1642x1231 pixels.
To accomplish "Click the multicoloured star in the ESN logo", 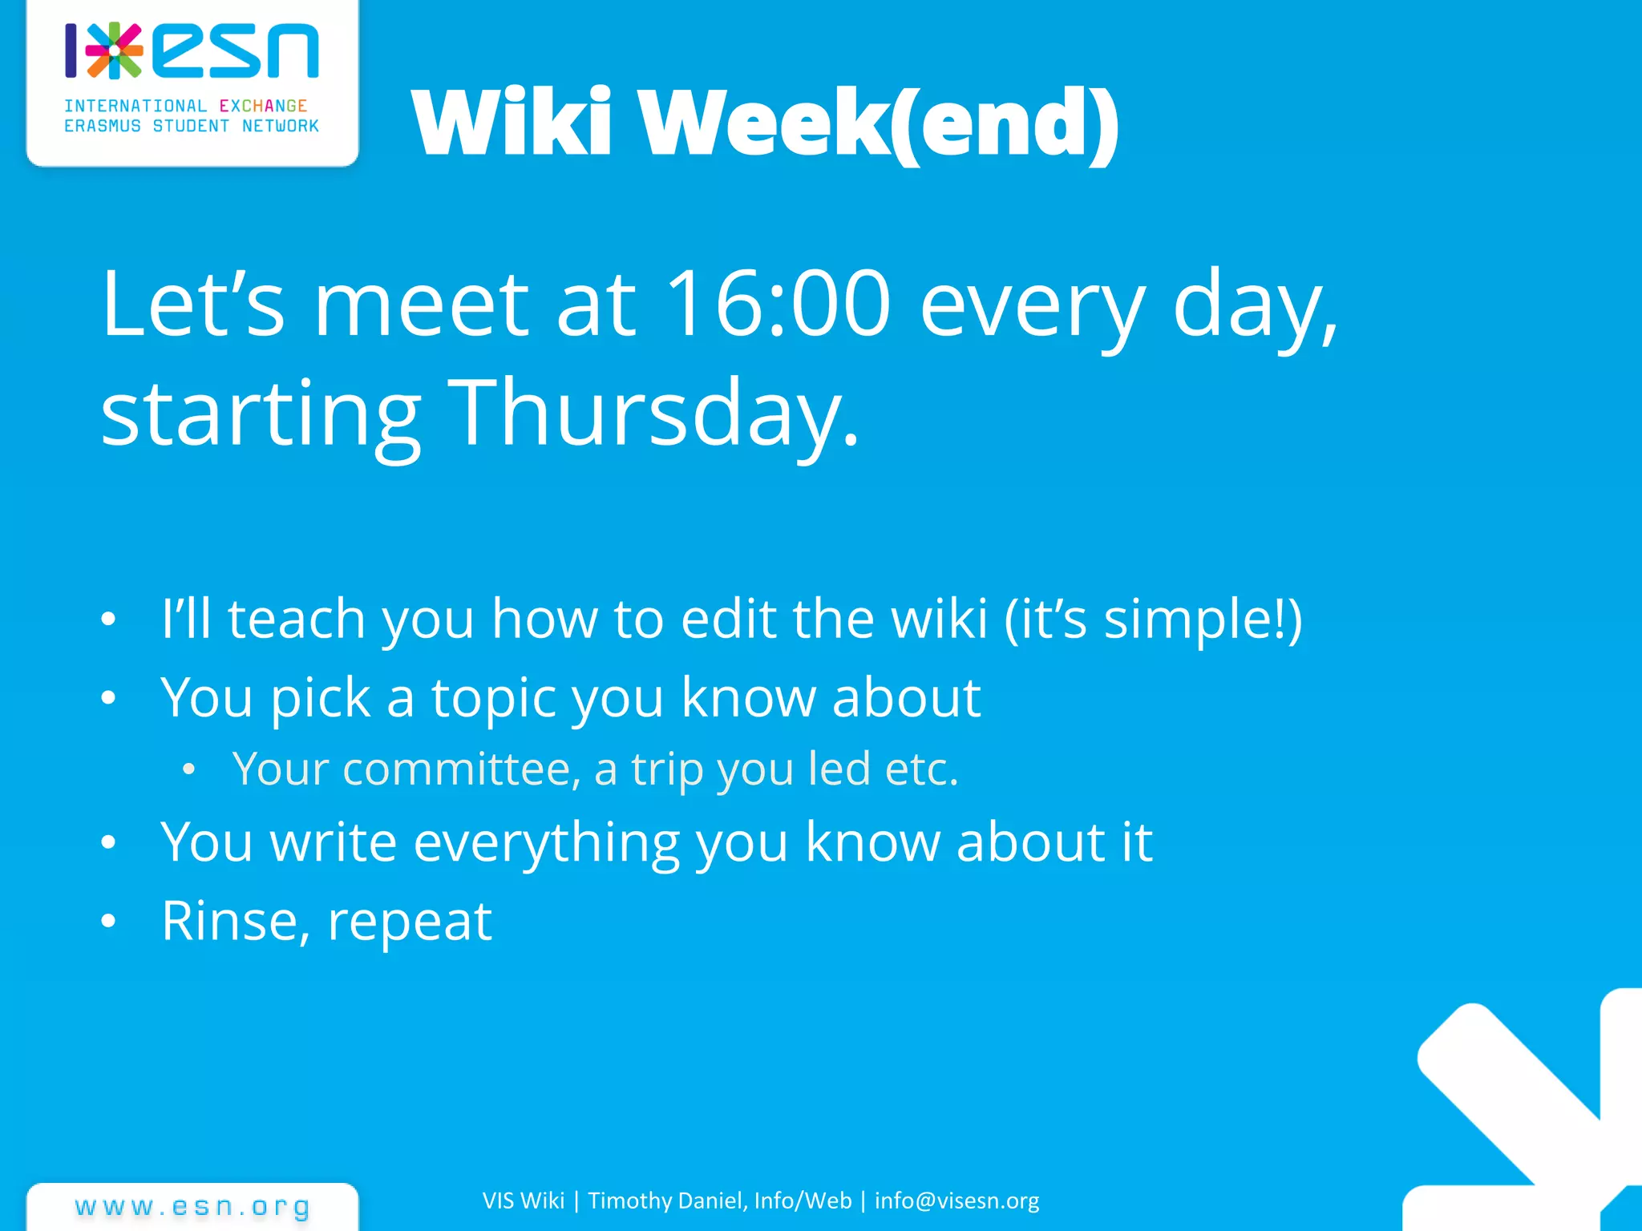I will (115, 50).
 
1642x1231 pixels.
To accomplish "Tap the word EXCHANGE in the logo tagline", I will (263, 106).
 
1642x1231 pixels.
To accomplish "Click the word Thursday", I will (653, 413).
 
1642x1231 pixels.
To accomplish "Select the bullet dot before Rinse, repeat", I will (109, 922).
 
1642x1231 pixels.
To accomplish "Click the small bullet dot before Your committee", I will (188, 769).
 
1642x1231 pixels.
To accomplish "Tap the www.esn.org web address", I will (192, 1207).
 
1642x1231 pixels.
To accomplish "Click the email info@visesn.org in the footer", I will (956, 1201).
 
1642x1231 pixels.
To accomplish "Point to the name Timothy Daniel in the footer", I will (667, 1201).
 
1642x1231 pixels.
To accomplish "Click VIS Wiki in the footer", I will (524, 1201).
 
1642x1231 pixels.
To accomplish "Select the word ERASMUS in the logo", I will (102, 126).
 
